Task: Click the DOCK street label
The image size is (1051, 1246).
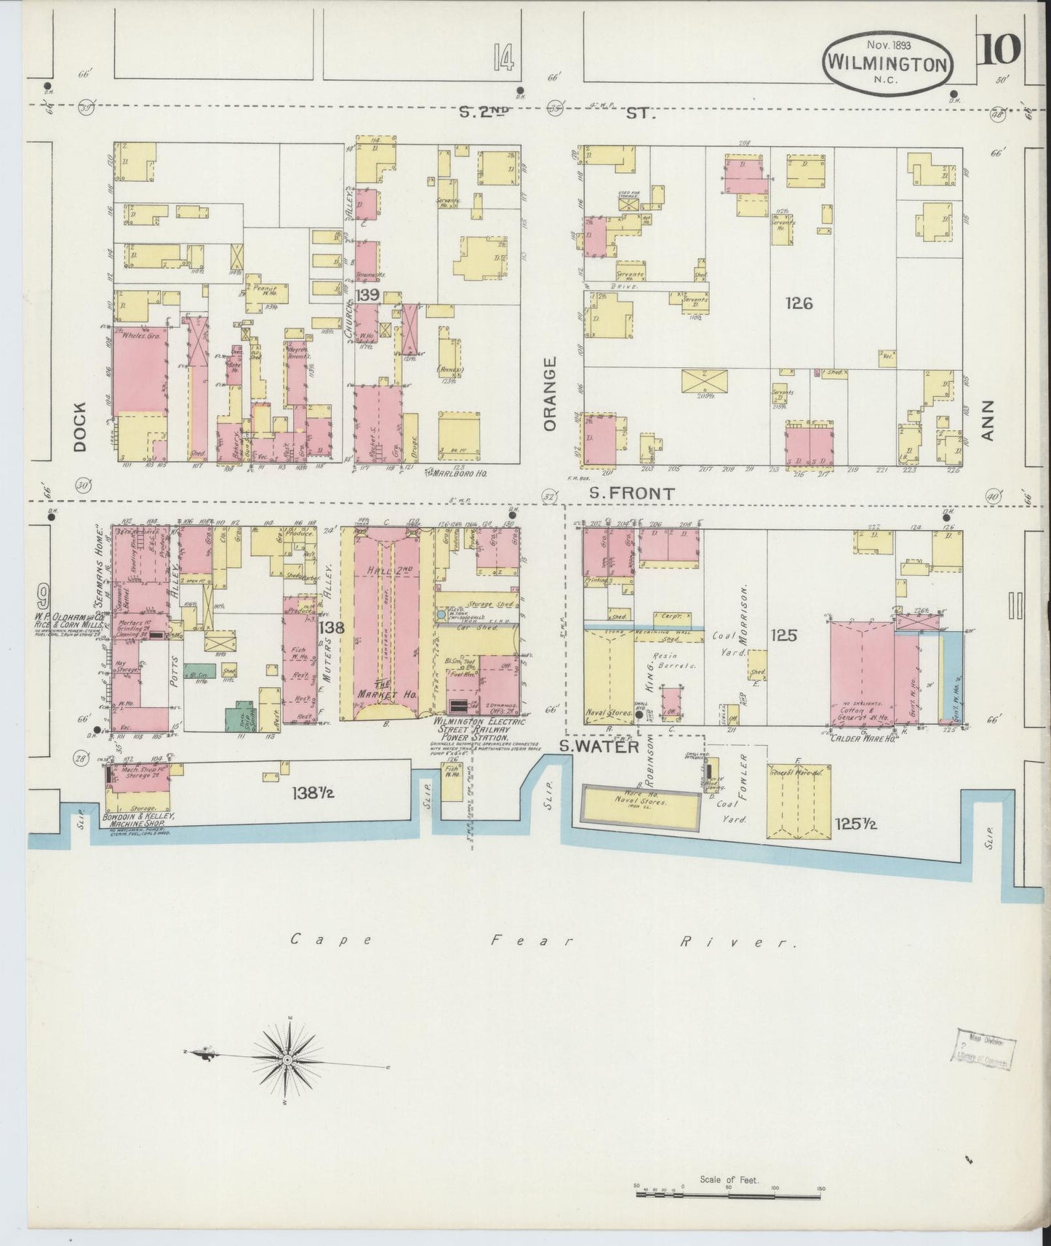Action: click(79, 427)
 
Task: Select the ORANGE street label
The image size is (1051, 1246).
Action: click(549, 393)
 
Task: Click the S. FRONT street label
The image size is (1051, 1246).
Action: click(631, 493)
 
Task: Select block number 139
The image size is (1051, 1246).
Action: click(368, 294)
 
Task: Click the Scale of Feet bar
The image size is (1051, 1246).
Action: click(729, 1189)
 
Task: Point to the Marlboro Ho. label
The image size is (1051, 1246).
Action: click(458, 473)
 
